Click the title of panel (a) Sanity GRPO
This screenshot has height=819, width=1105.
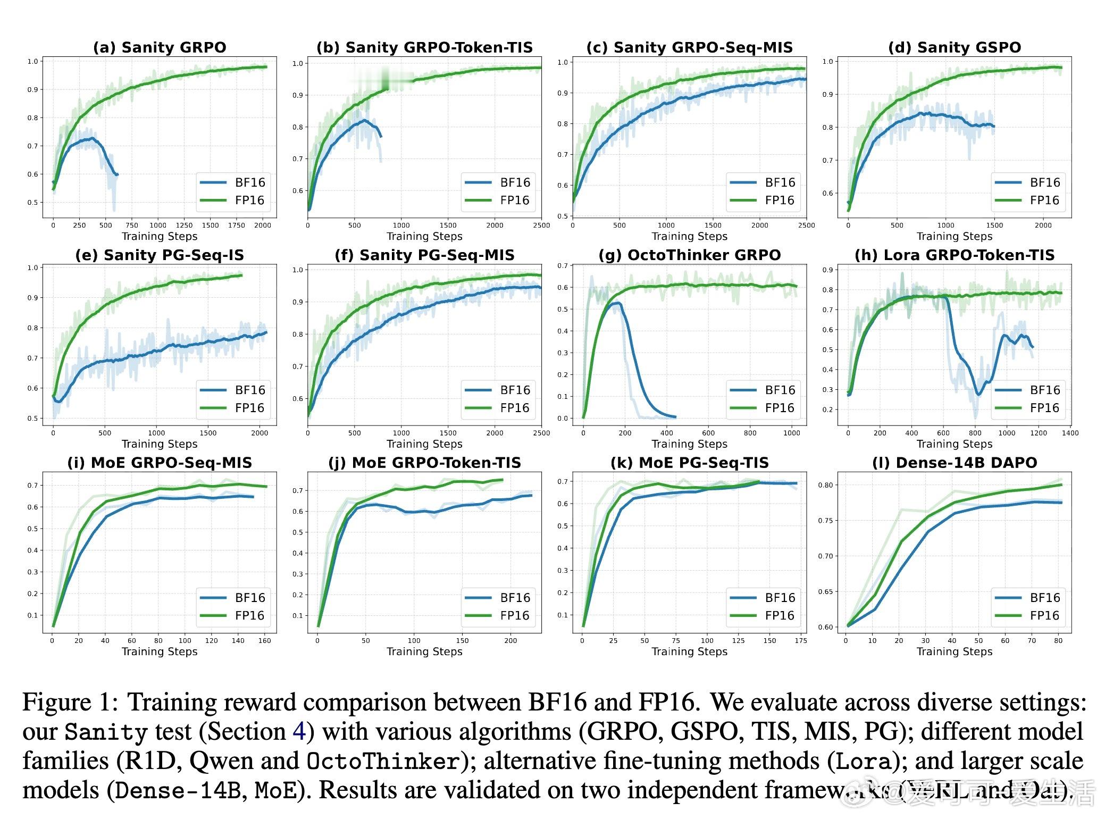160,47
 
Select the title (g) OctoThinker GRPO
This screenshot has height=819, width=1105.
689,255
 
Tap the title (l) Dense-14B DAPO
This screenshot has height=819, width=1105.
955,463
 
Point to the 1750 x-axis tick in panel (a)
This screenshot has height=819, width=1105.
237,225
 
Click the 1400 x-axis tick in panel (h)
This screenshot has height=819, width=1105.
1070,433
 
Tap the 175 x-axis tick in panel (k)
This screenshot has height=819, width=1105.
800,640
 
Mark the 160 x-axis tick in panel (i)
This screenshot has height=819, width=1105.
264,640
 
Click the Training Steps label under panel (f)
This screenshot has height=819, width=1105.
424,444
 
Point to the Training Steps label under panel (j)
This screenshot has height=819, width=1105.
424,651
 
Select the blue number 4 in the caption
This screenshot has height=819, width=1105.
299,731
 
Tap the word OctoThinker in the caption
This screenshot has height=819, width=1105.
383,761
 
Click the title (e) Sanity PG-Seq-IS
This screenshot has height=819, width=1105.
160,255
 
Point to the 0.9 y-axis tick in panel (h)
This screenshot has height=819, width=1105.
827,270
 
